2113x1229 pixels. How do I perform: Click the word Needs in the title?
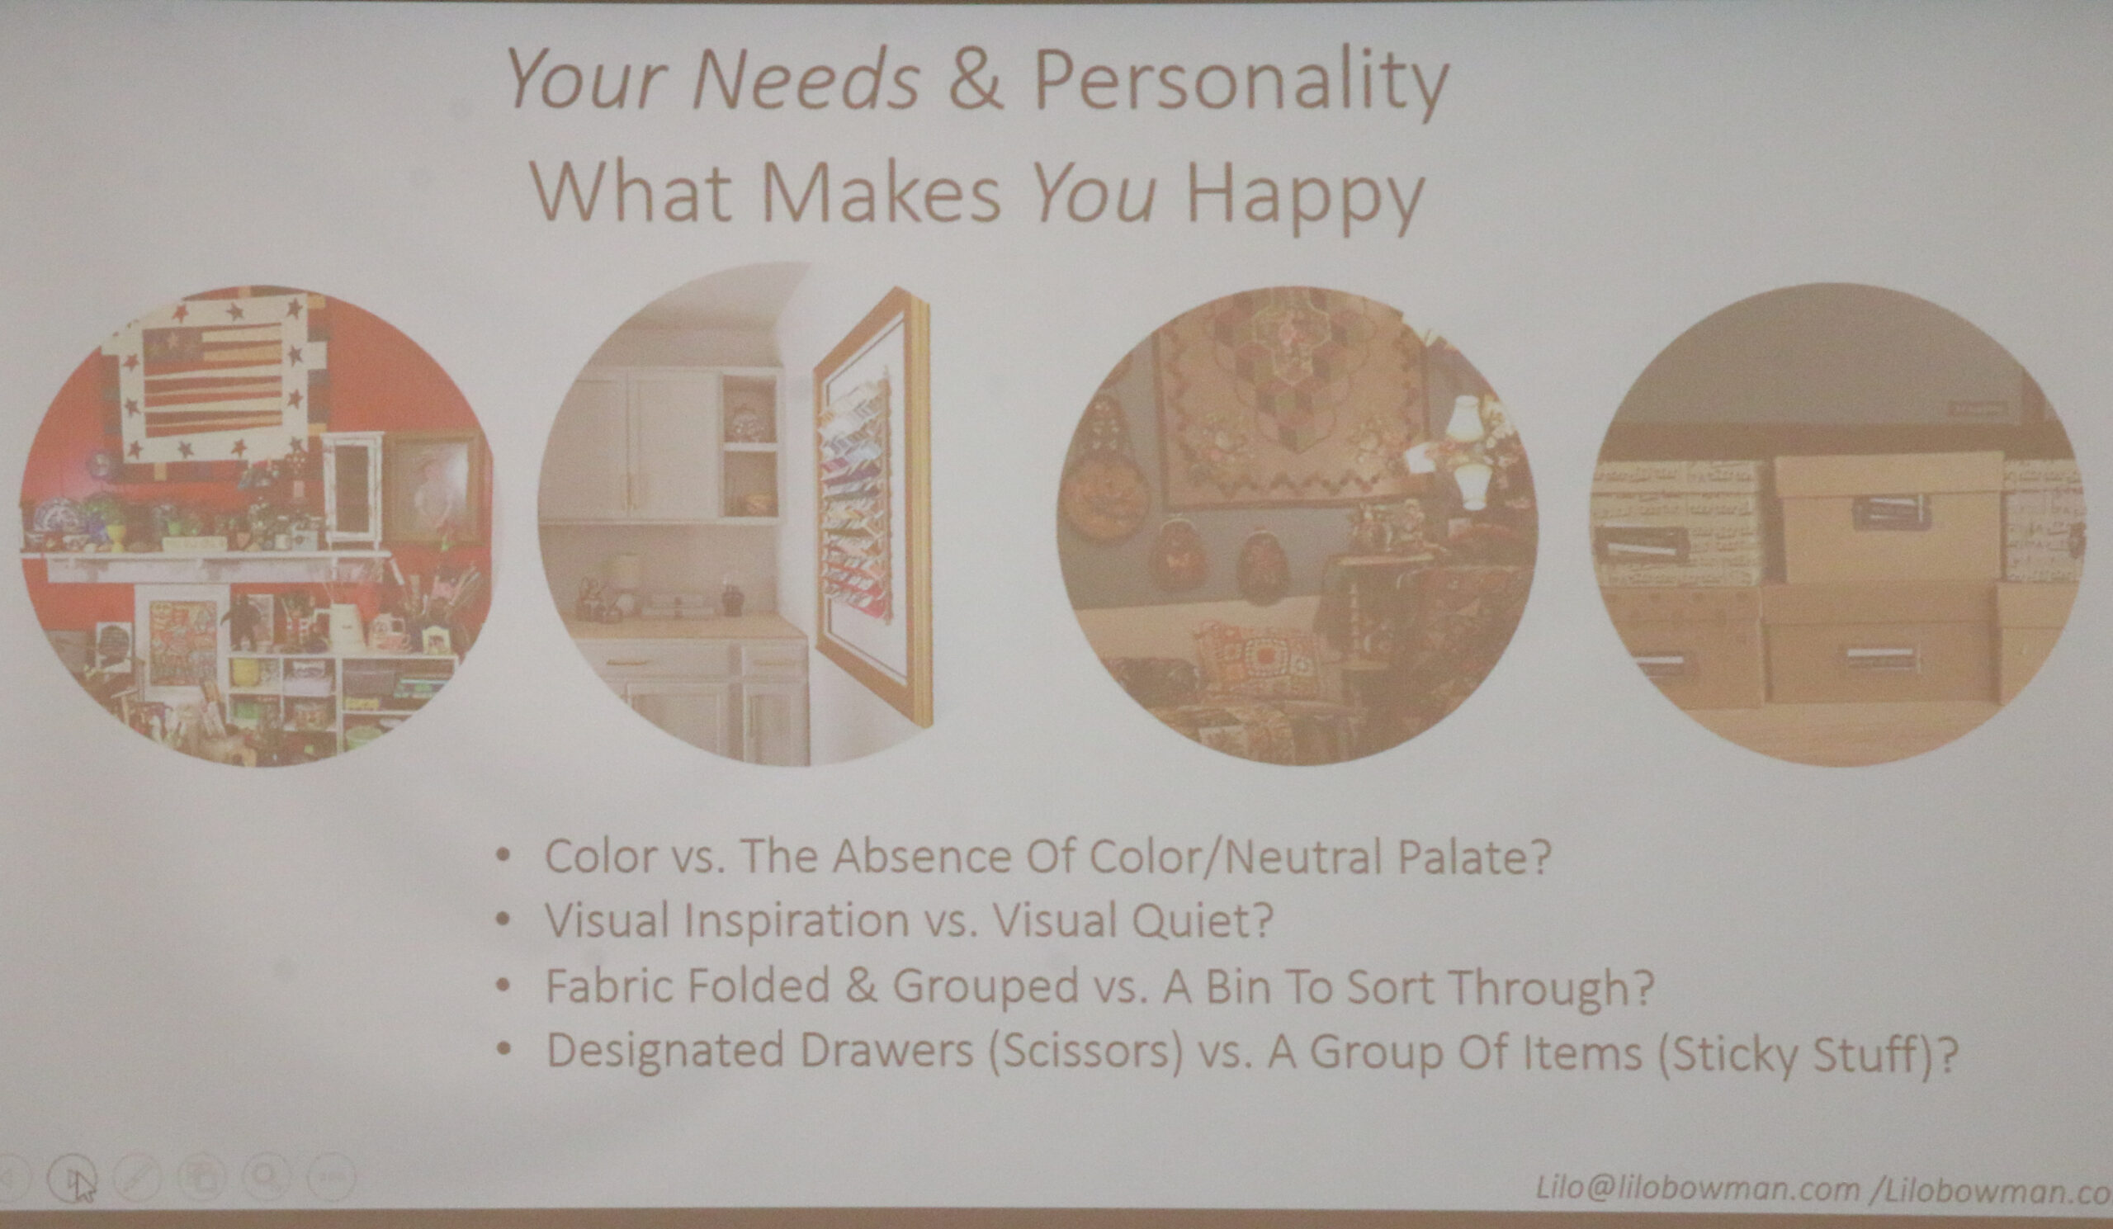(806, 79)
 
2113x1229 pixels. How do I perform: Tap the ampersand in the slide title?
(976, 79)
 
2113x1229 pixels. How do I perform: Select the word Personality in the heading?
(1241, 84)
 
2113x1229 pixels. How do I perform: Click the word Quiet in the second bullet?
(1203, 920)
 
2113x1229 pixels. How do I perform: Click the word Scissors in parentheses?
(1085, 1052)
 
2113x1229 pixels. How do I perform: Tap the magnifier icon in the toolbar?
(266, 1176)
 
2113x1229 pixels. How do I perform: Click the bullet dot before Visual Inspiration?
(503, 919)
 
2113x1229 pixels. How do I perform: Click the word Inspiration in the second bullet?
(797, 921)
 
